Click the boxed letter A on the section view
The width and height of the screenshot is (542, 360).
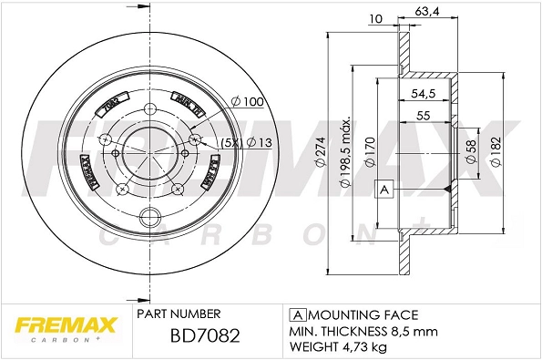(x=383, y=189)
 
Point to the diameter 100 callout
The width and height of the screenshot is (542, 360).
(x=247, y=101)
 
